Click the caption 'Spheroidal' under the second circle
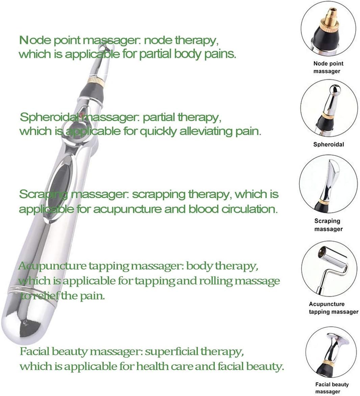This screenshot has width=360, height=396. tap(328, 145)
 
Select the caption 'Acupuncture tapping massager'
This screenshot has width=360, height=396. tap(333, 308)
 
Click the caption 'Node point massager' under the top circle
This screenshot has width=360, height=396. tap(328, 67)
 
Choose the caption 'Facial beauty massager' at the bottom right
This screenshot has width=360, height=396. tap(332, 388)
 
